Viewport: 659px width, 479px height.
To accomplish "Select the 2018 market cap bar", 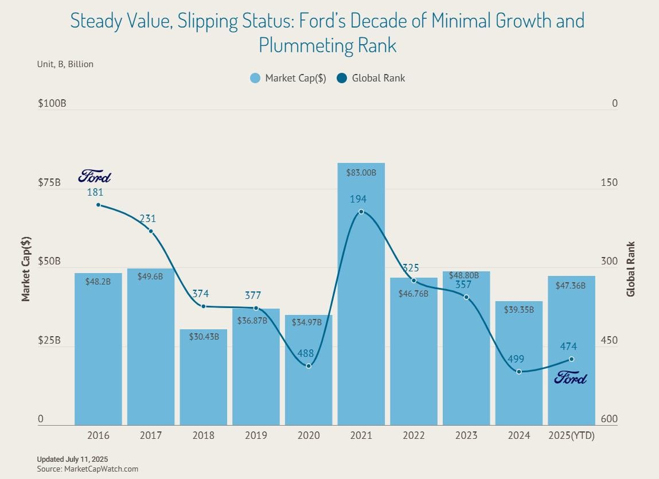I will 203,379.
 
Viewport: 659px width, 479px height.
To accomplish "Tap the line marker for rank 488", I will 309,365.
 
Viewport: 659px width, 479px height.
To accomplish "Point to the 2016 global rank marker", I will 98,205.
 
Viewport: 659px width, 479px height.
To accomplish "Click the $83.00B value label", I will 361,172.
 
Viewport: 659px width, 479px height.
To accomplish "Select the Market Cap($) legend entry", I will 288,78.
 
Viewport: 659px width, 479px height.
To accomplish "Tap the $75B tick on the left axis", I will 49,182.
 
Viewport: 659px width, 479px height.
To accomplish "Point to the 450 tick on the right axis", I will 610,340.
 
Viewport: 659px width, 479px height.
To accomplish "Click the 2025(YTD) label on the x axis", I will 571,435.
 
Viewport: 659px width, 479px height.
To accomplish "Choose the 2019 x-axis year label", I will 256,435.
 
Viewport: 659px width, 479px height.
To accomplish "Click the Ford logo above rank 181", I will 95,176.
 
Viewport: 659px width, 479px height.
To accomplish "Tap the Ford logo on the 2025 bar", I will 571,377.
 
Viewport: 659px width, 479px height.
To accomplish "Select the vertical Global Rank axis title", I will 631,268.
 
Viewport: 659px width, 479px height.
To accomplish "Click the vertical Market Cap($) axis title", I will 25,268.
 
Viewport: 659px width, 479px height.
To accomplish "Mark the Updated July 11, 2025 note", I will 72,459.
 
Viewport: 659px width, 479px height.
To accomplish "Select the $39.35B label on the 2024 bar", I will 518,310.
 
